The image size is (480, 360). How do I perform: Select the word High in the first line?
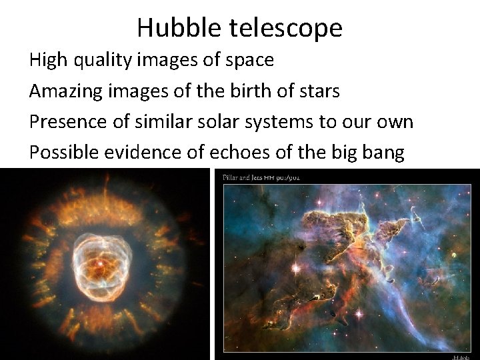(x=48, y=61)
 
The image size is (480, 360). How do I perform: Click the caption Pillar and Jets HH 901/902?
(x=261, y=177)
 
